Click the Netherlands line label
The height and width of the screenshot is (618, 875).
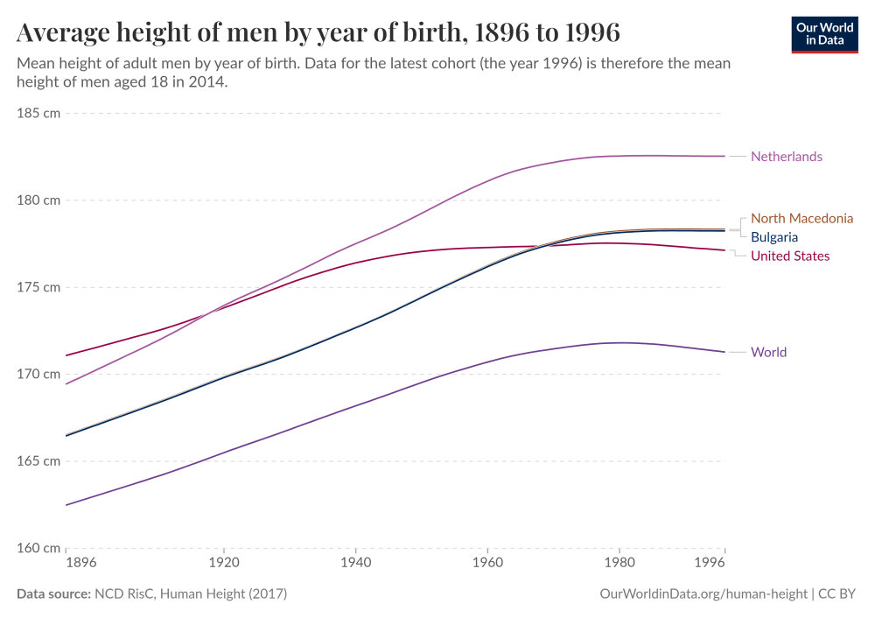point(786,157)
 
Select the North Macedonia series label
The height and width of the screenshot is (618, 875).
point(801,218)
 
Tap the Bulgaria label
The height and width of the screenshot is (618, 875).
point(774,237)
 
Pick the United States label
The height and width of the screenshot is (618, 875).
point(790,256)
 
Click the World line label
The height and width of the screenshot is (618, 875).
point(768,353)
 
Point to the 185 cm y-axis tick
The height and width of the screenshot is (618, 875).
point(38,114)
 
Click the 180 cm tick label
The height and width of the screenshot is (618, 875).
point(38,200)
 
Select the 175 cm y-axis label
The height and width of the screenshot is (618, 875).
point(38,287)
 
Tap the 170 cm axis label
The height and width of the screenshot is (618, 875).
point(38,374)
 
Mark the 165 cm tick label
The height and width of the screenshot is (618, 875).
point(38,461)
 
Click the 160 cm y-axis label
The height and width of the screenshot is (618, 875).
point(38,548)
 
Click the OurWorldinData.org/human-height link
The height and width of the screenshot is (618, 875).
point(703,594)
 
